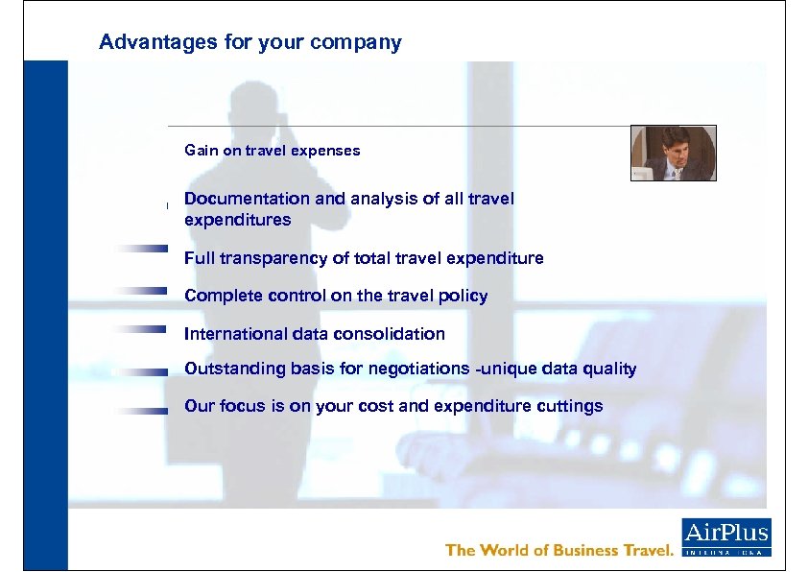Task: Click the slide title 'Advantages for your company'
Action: [x=250, y=42]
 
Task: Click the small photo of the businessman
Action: [x=673, y=153]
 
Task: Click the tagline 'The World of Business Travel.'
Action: [x=560, y=550]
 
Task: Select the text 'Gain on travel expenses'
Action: [x=273, y=151]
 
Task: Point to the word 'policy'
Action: [x=464, y=296]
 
